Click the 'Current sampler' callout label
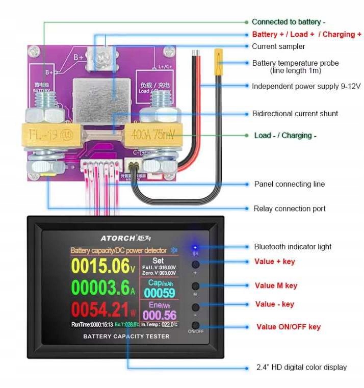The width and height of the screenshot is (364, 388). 278,46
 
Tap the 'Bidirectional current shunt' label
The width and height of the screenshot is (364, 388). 295,114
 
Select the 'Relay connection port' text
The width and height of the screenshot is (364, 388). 289,209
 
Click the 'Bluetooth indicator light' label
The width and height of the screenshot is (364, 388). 293,247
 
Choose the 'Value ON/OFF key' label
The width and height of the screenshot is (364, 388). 288,327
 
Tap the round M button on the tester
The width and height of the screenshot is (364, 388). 195,286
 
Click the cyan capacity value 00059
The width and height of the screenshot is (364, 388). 160,293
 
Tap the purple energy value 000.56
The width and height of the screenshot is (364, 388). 160,315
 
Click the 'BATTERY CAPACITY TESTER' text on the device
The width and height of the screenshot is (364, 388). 126,337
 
